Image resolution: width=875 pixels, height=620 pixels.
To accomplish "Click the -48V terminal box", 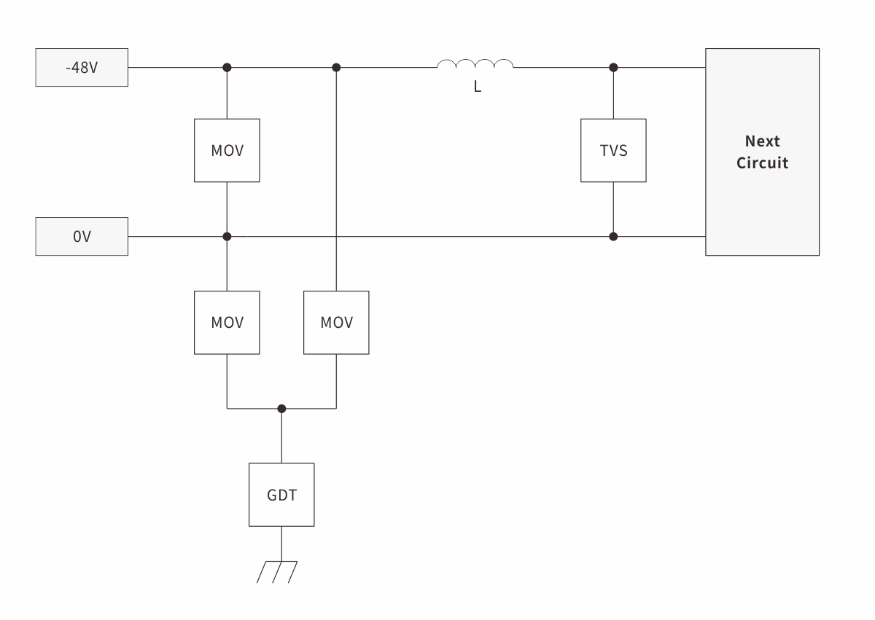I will pos(82,67).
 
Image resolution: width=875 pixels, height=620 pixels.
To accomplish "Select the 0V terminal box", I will pos(82,236).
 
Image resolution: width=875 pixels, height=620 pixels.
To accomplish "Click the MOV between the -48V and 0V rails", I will pos(227,151).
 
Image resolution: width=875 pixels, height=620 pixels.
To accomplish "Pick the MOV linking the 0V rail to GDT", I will pos(227,322).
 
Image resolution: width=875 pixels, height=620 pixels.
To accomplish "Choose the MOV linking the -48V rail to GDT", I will pos(336,322).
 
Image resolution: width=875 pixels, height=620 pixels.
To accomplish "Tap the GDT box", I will pos(281,495).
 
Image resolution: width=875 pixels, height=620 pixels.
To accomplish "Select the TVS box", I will pos(613,151).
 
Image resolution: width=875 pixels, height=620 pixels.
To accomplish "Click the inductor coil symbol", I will pos(475,65).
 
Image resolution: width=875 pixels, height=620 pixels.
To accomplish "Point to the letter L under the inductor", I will pos(478,87).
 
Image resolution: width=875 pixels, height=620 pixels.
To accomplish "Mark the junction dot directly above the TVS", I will pos(613,67).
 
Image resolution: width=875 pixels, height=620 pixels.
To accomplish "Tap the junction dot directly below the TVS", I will pos(613,236).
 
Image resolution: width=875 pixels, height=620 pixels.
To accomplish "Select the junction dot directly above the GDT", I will pos(281,409).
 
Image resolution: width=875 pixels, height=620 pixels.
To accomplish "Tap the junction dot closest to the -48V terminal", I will pos(227,67).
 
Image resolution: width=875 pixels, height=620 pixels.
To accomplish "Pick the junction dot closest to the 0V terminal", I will pos(227,236).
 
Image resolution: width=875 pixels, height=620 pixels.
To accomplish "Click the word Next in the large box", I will pos(762,141).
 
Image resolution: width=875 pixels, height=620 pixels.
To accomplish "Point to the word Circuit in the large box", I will pos(762,162).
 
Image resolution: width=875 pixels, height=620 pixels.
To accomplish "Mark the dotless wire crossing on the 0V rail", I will pos(336,236).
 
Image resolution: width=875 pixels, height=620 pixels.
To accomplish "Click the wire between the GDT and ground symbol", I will pos(281,544).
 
